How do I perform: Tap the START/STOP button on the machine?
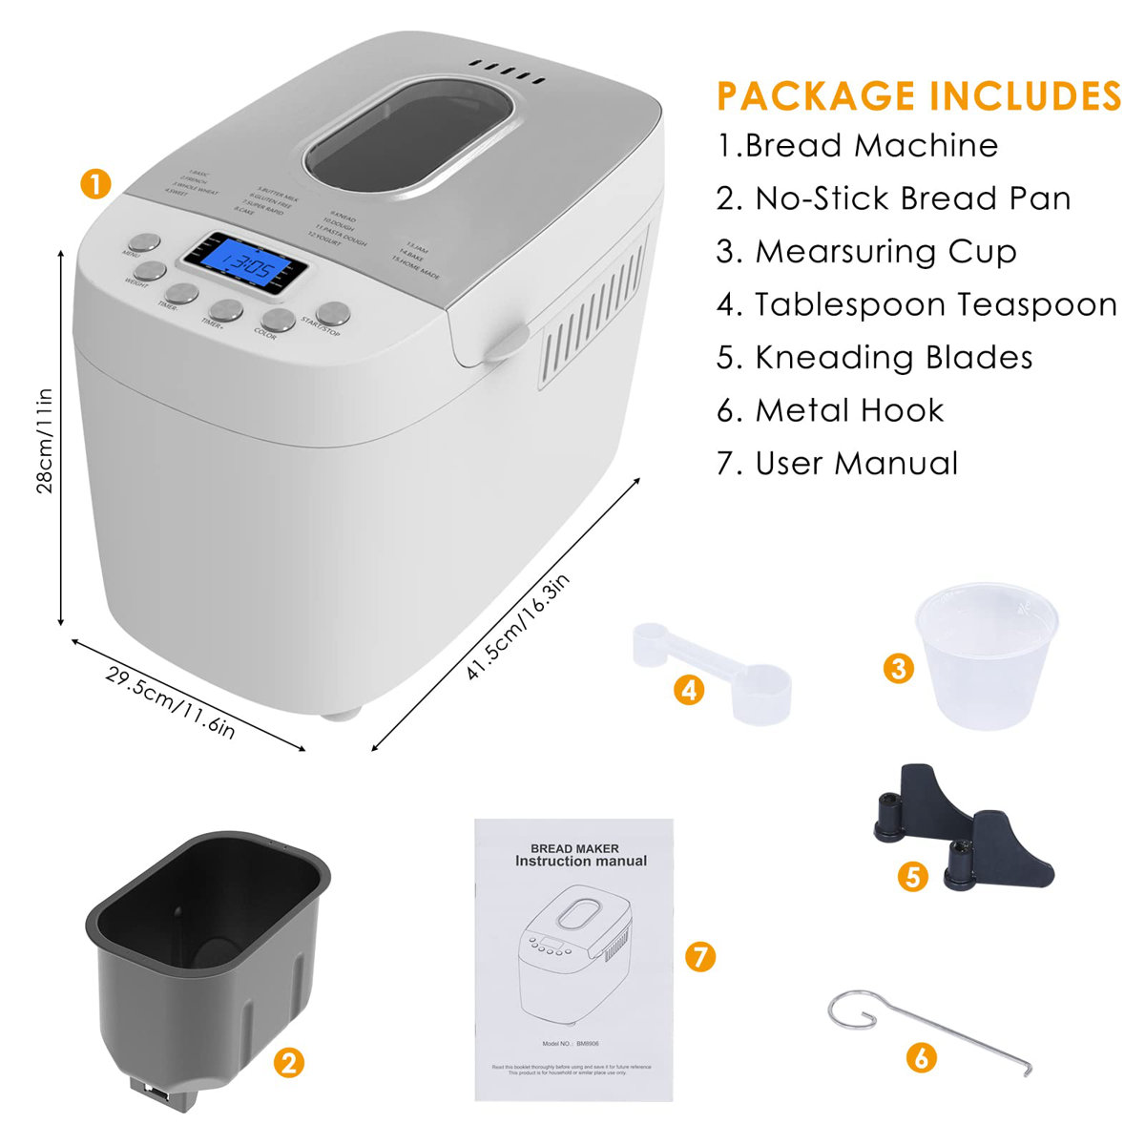(x=333, y=313)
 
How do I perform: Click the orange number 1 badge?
(x=95, y=184)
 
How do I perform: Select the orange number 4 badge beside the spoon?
(x=689, y=689)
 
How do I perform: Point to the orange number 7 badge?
(x=700, y=955)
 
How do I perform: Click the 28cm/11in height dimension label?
(x=44, y=440)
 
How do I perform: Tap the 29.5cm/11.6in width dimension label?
(x=171, y=702)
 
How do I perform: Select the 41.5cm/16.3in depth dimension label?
(x=518, y=628)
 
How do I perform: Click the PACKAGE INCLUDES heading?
(x=919, y=96)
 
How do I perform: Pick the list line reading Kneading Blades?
(x=875, y=357)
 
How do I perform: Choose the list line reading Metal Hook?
(x=830, y=410)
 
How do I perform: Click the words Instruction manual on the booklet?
(x=580, y=861)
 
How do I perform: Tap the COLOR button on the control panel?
(x=280, y=319)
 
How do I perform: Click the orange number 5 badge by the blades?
(x=913, y=876)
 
